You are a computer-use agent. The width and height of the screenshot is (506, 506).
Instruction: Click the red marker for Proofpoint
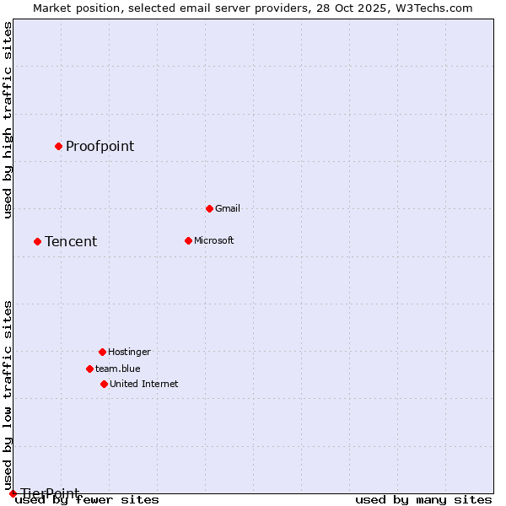[58, 146]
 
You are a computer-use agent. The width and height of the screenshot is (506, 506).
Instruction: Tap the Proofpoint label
[100, 146]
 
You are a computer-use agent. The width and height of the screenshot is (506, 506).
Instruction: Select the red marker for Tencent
[37, 241]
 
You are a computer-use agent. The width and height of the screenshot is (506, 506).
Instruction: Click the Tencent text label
[71, 241]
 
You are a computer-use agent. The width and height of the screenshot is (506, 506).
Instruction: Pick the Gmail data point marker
[209, 208]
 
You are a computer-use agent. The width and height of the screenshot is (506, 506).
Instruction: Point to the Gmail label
[228, 208]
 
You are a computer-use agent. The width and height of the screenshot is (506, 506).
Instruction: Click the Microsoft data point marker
[188, 240]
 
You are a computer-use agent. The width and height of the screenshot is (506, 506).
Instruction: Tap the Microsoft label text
[213, 240]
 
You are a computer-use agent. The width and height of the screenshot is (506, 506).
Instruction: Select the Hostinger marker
[102, 352]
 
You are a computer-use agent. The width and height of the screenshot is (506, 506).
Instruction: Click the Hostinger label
[129, 352]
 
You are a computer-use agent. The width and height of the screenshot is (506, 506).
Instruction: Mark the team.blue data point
[89, 369]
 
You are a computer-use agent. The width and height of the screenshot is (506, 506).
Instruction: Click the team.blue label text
[117, 369]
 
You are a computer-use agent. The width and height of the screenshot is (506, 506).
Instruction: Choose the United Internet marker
[104, 384]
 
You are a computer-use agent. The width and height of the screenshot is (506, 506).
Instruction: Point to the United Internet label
[143, 384]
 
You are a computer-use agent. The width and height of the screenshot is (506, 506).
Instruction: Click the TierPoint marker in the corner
[13, 493]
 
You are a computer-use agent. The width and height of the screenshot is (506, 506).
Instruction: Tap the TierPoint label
[50, 493]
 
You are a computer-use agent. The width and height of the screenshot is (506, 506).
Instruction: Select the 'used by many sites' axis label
[423, 499]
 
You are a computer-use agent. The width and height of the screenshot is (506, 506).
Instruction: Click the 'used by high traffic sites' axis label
[8, 120]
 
